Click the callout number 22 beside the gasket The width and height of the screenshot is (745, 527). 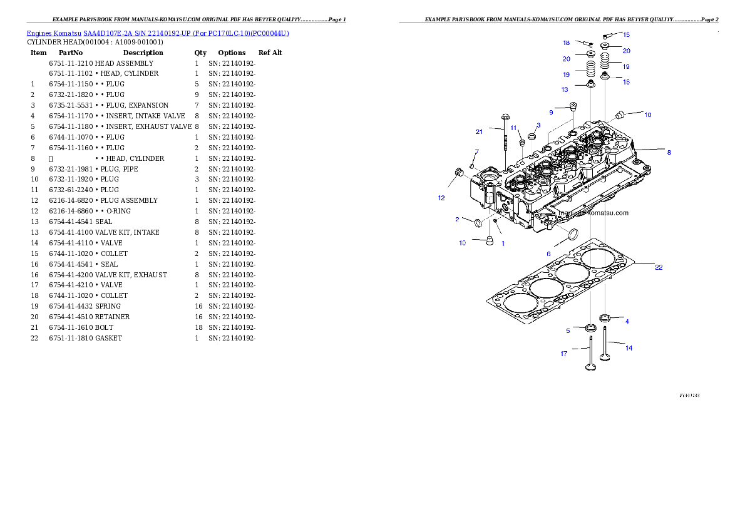(x=659, y=267)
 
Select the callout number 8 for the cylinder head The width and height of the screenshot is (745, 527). (x=669, y=152)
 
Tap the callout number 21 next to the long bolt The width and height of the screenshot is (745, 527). (x=479, y=132)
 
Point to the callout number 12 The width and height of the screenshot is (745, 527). (x=441, y=198)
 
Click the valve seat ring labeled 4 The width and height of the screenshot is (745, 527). (x=605, y=319)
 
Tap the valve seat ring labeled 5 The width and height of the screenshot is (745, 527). (x=590, y=328)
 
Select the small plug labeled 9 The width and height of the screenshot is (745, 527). (x=572, y=106)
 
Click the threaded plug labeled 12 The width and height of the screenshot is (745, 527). (x=456, y=171)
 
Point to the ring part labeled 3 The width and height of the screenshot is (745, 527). (x=532, y=136)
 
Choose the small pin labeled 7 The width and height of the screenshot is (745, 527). (x=473, y=165)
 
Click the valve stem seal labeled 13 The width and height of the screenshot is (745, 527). (x=590, y=83)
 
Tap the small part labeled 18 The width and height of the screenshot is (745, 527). (x=587, y=44)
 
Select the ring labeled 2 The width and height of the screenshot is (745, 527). (x=479, y=223)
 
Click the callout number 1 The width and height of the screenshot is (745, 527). (x=502, y=243)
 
